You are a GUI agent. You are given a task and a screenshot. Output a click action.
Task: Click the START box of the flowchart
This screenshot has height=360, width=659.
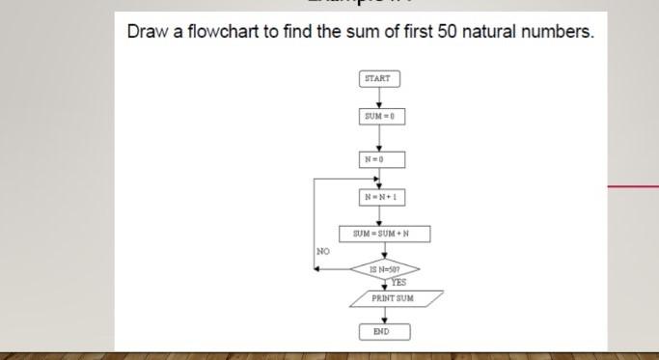pos(379,78)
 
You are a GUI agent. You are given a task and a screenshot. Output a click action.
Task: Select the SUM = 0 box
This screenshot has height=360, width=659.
pos(379,117)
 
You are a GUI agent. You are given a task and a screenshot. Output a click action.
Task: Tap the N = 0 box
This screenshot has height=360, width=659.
pos(379,158)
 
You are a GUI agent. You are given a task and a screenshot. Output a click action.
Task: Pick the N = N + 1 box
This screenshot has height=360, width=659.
pos(379,198)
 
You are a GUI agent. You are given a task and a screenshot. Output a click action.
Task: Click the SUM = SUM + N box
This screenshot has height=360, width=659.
pos(384,234)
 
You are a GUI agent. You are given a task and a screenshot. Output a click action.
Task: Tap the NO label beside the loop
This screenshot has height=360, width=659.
pos(323,251)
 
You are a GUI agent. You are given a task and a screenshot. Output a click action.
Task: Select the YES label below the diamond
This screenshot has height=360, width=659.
pos(397,283)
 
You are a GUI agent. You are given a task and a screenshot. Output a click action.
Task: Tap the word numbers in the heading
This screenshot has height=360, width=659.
pos(558,33)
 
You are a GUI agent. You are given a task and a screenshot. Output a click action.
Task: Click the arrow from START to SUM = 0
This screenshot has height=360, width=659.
pos(379,97)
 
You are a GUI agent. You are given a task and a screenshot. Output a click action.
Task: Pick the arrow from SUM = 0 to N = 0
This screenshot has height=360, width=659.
pos(379,138)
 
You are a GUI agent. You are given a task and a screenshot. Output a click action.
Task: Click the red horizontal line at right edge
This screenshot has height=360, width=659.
pos(633,184)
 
